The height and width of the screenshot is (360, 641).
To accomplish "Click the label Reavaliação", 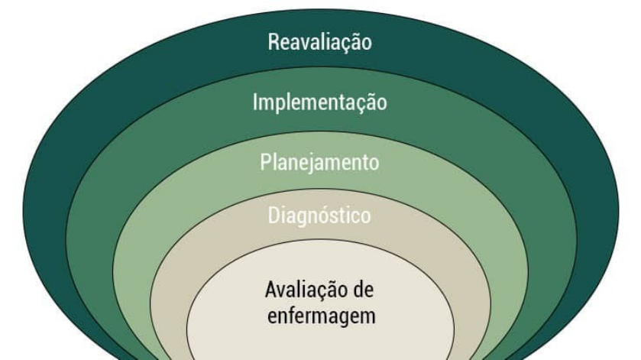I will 320,41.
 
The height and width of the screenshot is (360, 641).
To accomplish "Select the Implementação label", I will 320,102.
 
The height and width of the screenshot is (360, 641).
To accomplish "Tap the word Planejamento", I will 319,163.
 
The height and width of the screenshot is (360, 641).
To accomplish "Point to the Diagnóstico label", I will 320,216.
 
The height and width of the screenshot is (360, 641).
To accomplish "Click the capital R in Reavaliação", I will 274,41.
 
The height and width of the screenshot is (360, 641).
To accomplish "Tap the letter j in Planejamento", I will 310,164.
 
